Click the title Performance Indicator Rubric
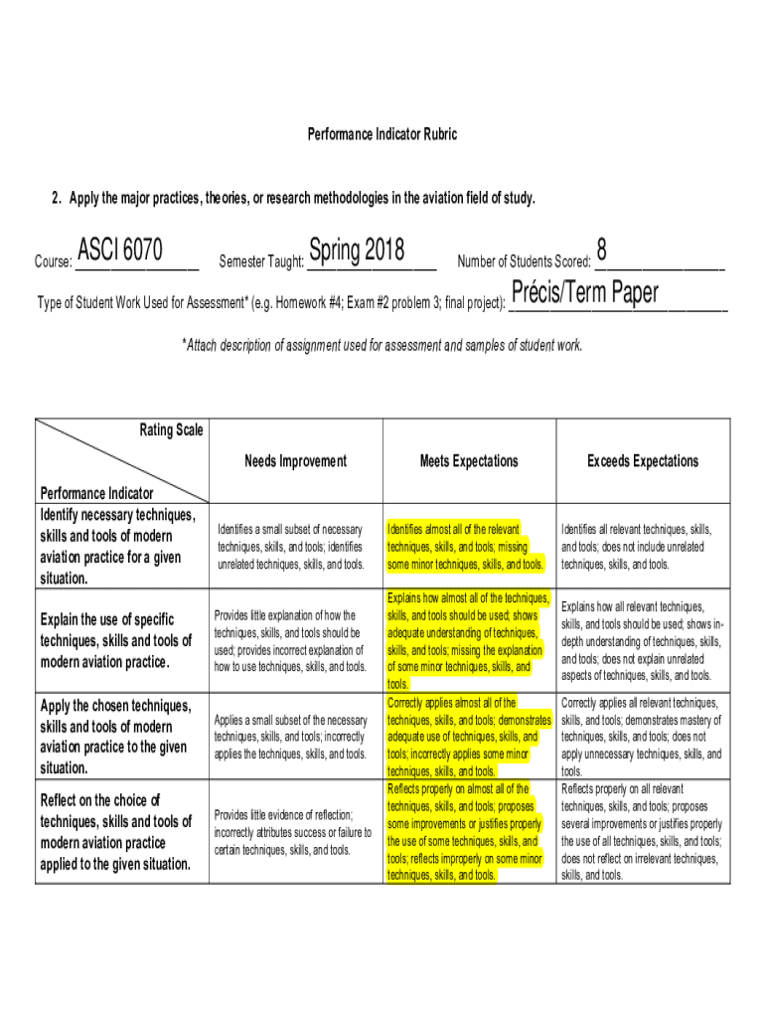(382, 134)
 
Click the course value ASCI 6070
(120, 250)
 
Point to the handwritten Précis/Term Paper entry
(584, 294)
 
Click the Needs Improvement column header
(296, 461)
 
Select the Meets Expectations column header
(469, 461)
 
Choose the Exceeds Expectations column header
(643, 461)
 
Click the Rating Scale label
(171, 429)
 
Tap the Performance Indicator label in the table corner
(96, 493)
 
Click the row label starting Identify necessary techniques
(116, 547)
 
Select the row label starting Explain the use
(116, 641)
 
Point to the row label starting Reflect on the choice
(116, 832)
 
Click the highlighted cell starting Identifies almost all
(466, 547)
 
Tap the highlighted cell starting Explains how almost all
(468, 641)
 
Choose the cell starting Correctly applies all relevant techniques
(642, 737)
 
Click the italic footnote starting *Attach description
(382, 346)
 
